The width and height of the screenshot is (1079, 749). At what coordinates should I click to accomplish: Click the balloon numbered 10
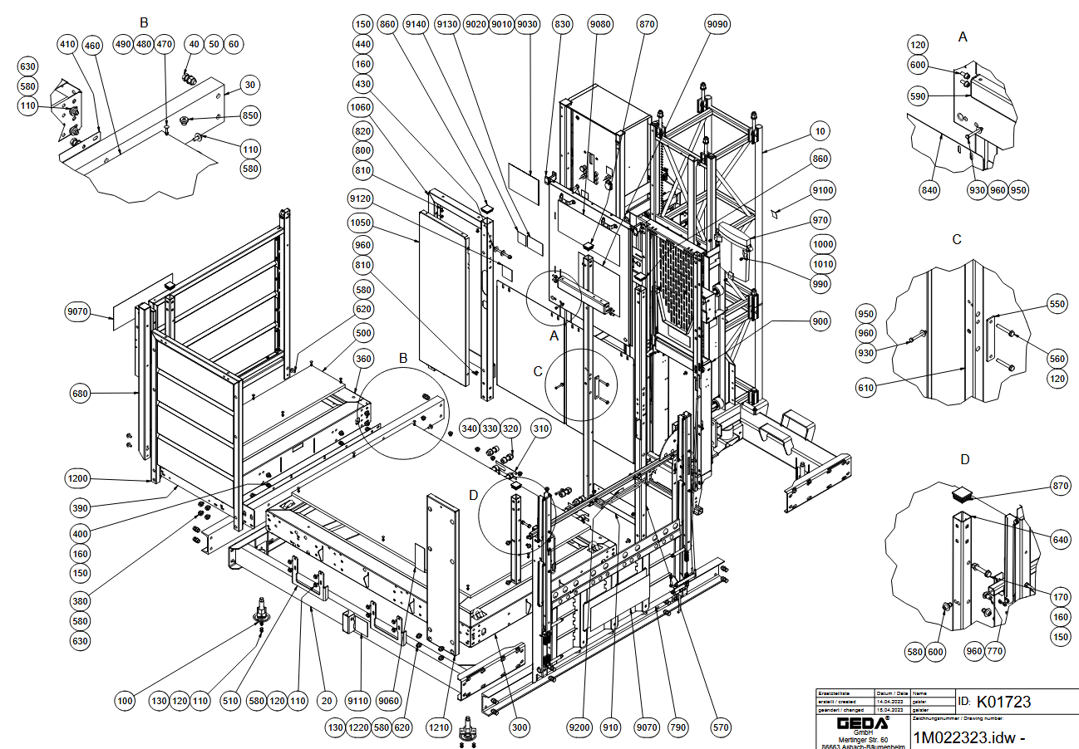821,132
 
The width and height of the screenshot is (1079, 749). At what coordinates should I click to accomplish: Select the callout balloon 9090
717,25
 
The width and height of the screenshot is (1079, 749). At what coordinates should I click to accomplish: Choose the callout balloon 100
125,702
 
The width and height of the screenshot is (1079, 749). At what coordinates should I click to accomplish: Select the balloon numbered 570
721,728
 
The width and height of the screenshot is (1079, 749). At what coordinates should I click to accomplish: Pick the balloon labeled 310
541,428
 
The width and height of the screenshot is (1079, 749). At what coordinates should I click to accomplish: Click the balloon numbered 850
250,115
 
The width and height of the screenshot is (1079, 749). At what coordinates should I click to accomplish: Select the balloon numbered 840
929,190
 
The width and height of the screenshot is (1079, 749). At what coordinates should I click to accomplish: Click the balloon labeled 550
1057,305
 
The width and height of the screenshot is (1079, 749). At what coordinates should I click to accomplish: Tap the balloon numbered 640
1060,540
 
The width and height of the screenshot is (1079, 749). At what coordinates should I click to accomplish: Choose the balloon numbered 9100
823,191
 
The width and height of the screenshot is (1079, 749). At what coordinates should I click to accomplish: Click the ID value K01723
1003,702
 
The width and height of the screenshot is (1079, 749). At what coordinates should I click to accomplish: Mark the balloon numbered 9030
527,25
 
